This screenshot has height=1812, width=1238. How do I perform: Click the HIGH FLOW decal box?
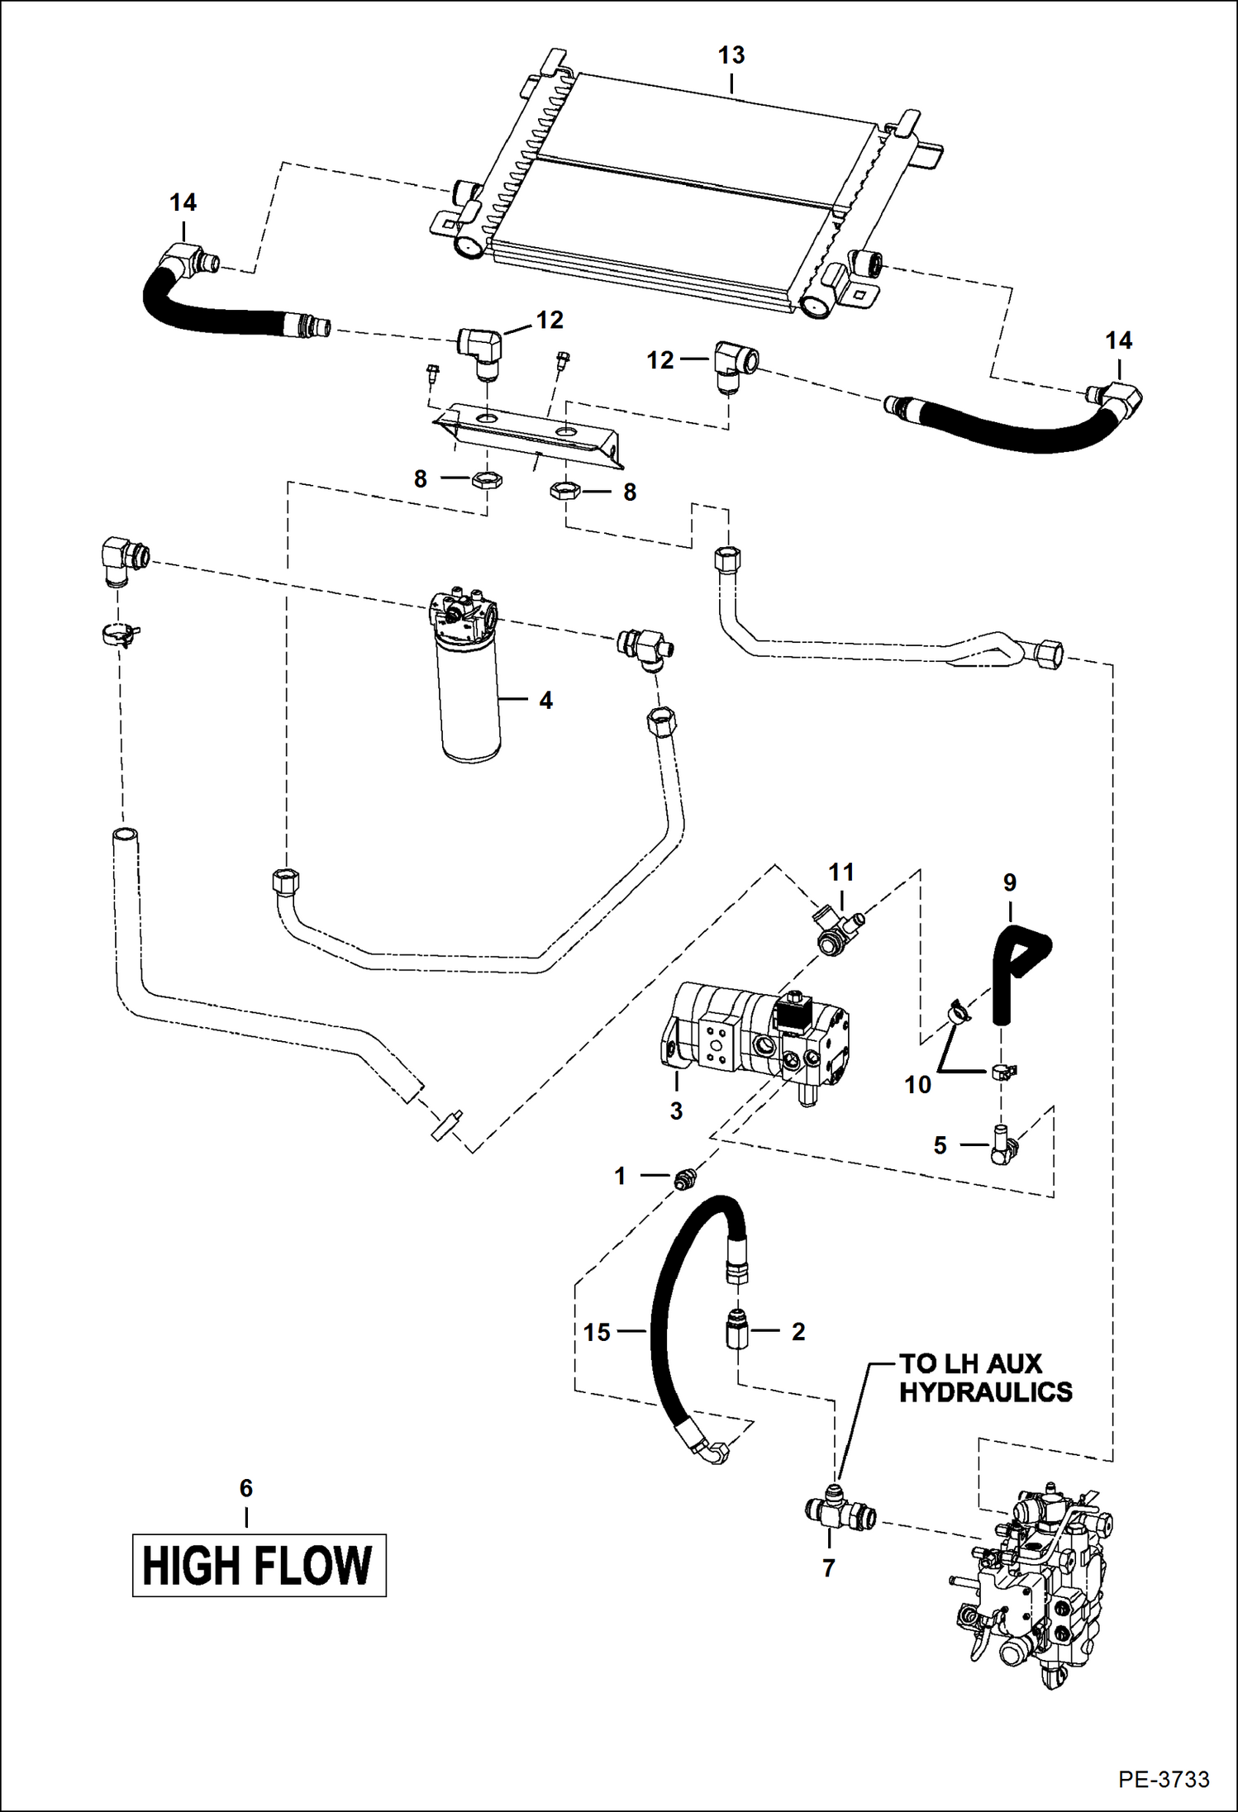tap(259, 1565)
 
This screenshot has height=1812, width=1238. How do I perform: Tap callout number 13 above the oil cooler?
tap(731, 55)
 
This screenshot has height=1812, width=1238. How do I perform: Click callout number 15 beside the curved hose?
tap(597, 1332)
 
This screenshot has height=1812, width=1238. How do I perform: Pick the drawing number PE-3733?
tap(1163, 1779)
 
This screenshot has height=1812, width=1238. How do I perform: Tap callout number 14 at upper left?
tap(183, 202)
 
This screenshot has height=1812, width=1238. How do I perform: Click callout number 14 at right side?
tap(1118, 340)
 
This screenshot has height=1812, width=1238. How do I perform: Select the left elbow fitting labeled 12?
tap(481, 348)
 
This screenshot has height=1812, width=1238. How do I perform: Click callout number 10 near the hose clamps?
tap(917, 1084)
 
